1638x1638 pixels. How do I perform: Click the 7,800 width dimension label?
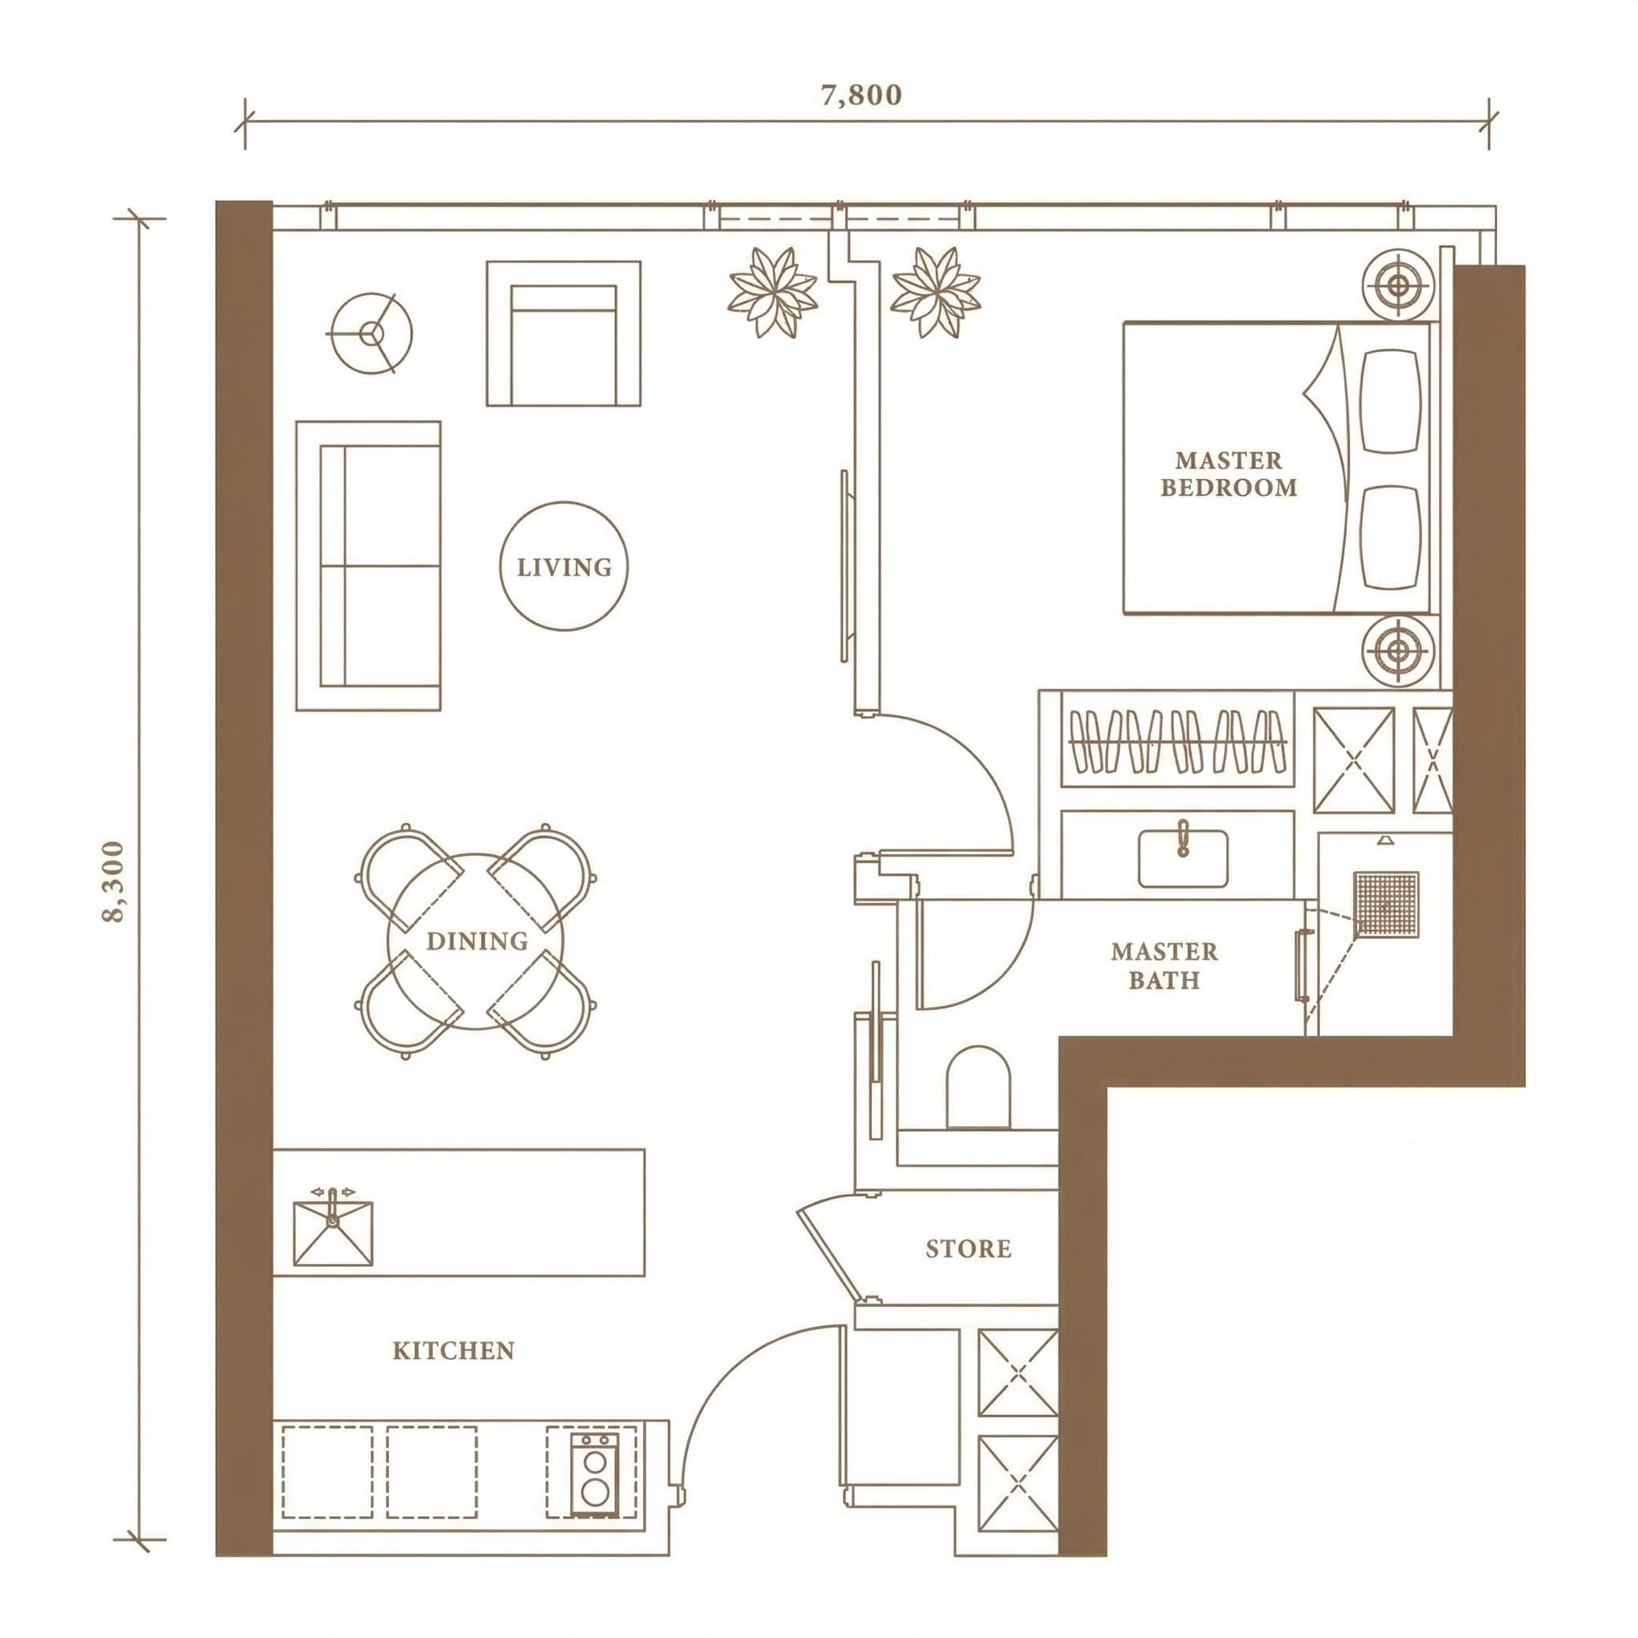(861, 95)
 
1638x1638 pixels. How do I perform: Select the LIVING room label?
(565, 567)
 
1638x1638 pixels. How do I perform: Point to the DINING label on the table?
(477, 941)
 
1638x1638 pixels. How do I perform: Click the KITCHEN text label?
(453, 1351)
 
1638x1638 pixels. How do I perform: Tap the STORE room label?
(969, 1248)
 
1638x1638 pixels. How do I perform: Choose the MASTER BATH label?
(1164, 965)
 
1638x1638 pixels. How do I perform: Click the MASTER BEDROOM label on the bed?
(1228, 474)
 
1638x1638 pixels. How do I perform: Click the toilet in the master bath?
(977, 1088)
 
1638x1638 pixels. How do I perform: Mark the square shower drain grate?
(1386, 904)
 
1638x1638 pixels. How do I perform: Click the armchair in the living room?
(564, 334)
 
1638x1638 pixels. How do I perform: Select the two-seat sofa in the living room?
(368, 565)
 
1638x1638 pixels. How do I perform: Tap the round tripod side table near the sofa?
(370, 334)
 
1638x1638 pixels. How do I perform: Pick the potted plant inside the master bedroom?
(935, 293)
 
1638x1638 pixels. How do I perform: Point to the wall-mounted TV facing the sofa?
(845, 565)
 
